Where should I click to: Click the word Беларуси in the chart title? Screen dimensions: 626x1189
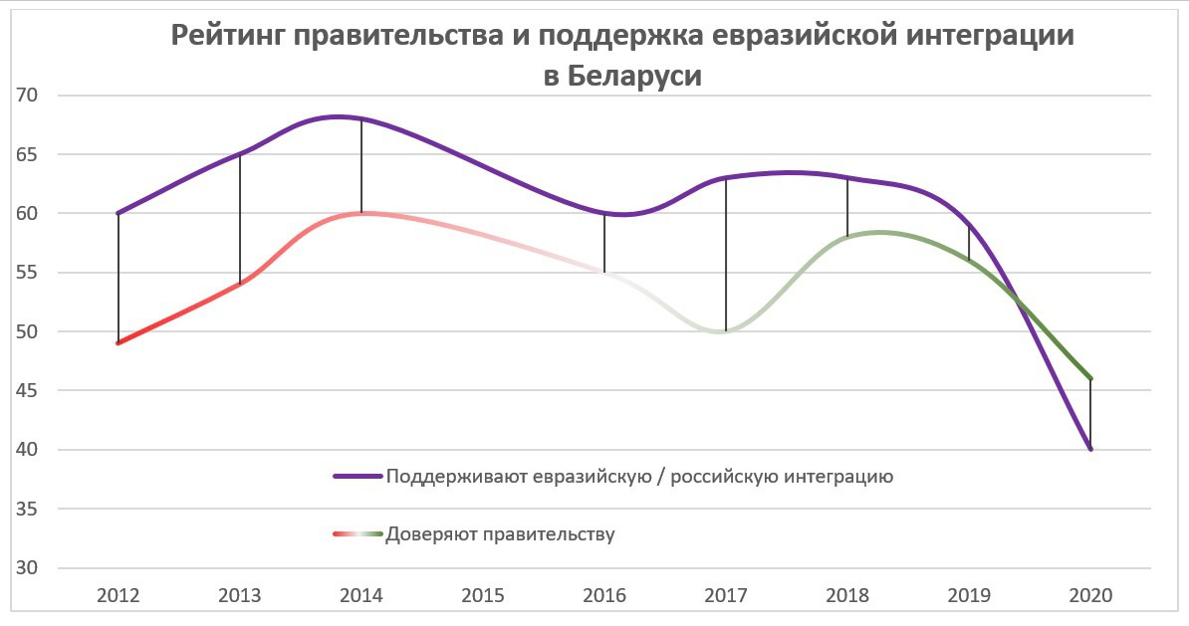click(636, 77)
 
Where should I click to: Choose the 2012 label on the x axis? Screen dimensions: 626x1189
click(119, 595)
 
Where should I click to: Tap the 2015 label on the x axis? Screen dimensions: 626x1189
click(483, 595)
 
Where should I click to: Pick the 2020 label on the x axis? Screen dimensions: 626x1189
click(1090, 595)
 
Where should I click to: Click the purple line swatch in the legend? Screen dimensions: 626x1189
click(357, 477)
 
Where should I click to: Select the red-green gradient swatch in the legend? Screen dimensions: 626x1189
click(357, 534)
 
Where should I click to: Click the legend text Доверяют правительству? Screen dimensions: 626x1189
click(501, 534)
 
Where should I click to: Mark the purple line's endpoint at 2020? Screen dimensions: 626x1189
click(1090, 450)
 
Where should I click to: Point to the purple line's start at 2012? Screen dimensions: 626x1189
click(119, 213)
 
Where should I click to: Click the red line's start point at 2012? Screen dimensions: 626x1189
click(119, 343)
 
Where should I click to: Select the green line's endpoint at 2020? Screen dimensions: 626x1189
click(1090, 379)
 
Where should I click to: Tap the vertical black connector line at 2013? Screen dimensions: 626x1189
click(240, 219)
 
